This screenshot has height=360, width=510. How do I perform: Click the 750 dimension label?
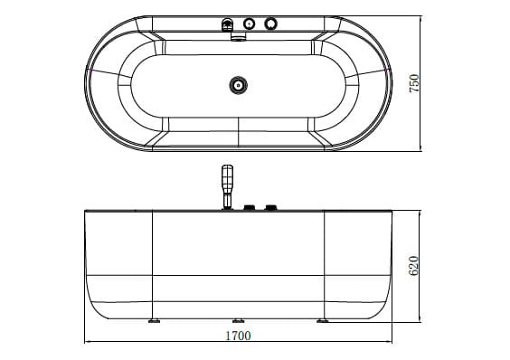pyautogui.click(x=415, y=82)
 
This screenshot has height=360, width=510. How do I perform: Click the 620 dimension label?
pyautogui.click(x=415, y=265)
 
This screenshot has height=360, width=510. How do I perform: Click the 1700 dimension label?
pyautogui.click(x=239, y=335)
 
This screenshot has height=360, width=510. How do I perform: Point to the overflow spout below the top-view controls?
pyautogui.click(x=239, y=37)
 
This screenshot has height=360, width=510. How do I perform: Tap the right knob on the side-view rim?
pyautogui.click(x=269, y=208)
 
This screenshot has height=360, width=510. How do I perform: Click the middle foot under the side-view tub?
pyautogui.click(x=239, y=320)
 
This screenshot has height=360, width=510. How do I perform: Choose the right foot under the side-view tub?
pyautogui.click(x=323, y=319)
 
